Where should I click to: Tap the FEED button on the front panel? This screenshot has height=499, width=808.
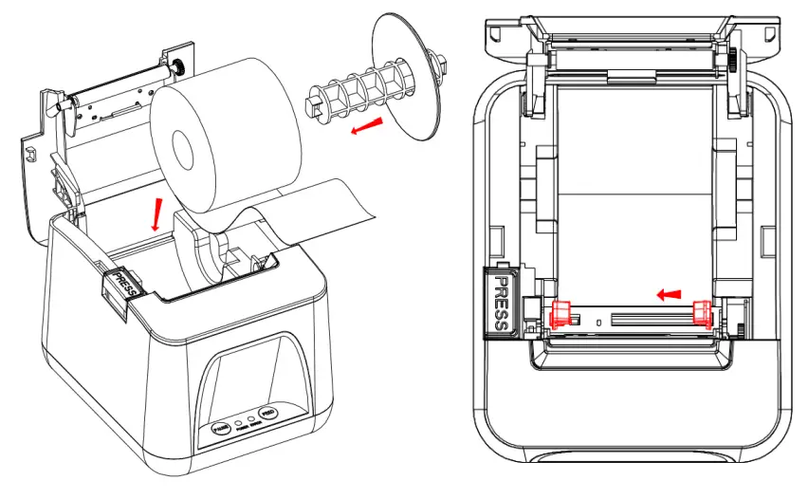[268, 415]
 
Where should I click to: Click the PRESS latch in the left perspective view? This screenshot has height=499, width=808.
[124, 282]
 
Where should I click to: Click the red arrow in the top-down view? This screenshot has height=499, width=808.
[670, 294]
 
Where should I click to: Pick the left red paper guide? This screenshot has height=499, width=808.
[559, 311]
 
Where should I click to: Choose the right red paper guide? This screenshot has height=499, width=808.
[703, 311]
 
